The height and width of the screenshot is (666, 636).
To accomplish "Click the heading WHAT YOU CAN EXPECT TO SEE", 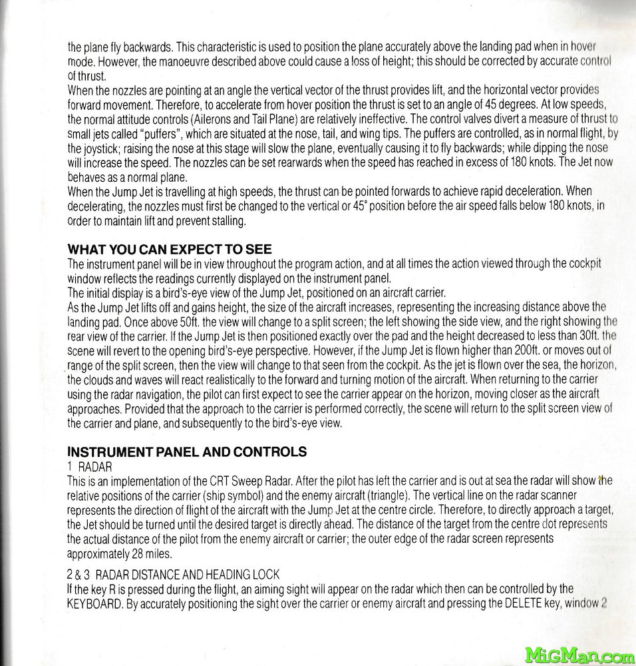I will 170,249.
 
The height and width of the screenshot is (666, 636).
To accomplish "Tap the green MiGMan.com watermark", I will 580,655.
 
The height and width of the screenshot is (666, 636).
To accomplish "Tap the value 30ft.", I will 587,336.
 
